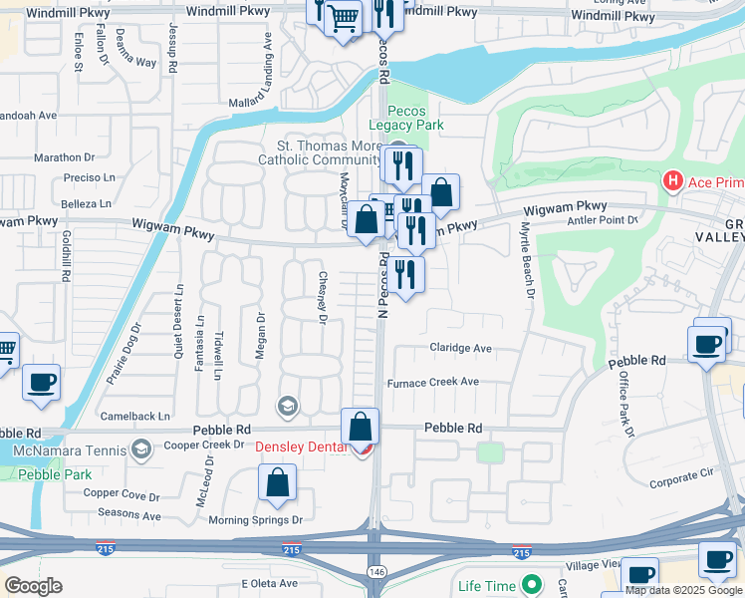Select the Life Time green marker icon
[534, 585]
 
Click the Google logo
[33, 586]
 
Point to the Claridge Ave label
[461, 349]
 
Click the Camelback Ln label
[135, 416]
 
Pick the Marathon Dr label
[64, 157]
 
